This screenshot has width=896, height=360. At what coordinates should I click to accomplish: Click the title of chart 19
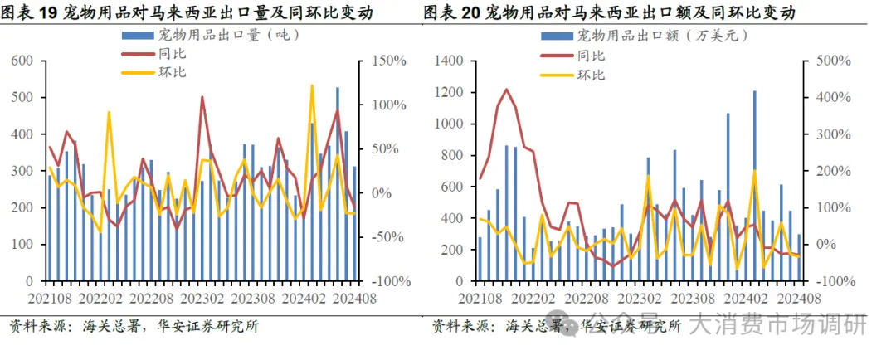pyautogui.click(x=187, y=13)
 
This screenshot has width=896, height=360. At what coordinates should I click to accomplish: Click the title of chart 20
pyautogui.click(x=609, y=13)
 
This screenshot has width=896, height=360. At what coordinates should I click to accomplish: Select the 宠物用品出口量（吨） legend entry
pyautogui.click(x=217, y=35)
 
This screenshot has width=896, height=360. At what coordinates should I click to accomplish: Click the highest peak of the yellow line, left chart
pyautogui.click(x=312, y=85)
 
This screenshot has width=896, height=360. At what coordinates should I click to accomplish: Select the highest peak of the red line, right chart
pyautogui.click(x=506, y=90)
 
